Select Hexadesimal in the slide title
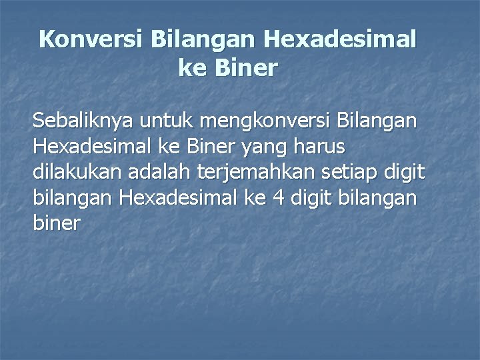click(340, 39)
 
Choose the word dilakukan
click(75, 173)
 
